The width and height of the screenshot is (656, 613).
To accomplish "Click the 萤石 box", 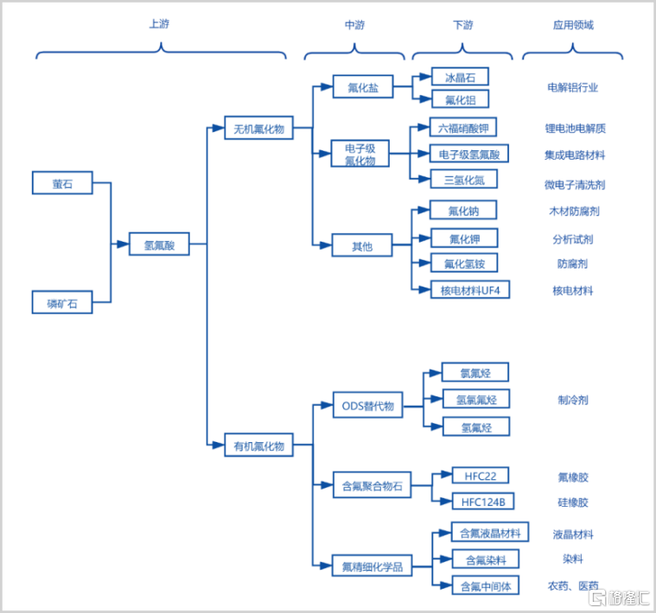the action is (62, 182).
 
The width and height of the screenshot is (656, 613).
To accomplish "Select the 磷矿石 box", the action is (62, 302).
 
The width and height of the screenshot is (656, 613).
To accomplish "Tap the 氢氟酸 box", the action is (159, 244).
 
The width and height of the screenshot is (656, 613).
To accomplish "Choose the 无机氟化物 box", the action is (258, 128).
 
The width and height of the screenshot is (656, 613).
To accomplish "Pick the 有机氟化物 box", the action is (258, 445).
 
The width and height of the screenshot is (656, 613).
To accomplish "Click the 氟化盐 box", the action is (363, 86).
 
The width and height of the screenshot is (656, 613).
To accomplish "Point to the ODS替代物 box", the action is (367, 405).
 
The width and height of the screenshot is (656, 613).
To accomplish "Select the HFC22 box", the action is (481, 475).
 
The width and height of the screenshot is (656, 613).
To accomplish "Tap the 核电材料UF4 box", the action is (470, 289).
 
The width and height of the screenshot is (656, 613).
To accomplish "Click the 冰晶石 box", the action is (460, 77).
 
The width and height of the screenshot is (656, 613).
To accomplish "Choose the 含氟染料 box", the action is (486, 559).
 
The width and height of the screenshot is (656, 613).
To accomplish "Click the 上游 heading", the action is (159, 24).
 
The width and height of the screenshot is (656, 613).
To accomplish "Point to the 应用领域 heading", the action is (573, 25).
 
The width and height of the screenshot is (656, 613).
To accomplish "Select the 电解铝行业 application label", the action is (573, 87).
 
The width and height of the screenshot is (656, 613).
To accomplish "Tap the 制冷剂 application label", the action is (573, 400).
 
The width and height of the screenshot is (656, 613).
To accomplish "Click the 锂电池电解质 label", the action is (575, 129).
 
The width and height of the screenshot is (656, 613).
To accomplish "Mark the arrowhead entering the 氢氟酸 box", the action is (123, 244).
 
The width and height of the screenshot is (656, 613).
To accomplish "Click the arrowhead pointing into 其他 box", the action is (326, 245).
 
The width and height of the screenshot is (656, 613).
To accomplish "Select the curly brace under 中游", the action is (354, 53).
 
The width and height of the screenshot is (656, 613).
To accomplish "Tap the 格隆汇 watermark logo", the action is (619, 597).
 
